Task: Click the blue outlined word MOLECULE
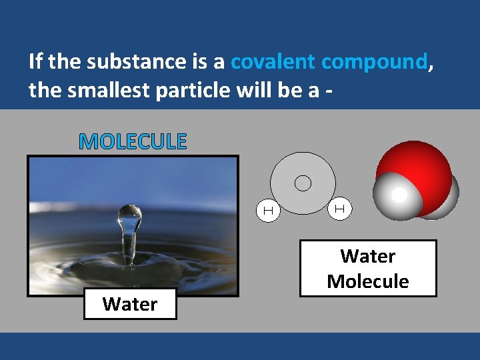133,141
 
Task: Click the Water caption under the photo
130,304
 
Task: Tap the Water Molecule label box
368,268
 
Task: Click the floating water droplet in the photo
130,216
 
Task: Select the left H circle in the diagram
268,211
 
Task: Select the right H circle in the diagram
339,209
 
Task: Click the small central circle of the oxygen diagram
303,183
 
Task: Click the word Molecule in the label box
368,281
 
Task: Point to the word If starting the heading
36,62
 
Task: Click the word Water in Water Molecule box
368,256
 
